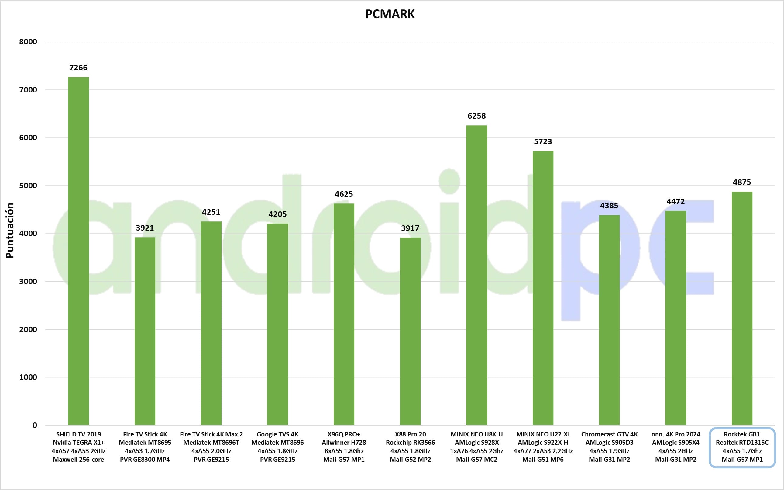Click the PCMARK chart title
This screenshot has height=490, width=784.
point(390,14)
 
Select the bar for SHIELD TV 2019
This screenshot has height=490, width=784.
point(78,251)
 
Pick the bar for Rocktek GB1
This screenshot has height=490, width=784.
point(742,308)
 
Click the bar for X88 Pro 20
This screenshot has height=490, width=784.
point(410,331)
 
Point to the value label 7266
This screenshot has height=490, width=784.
point(78,68)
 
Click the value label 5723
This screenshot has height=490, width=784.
point(543,142)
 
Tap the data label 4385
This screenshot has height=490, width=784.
point(609,206)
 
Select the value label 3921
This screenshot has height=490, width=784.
point(145,228)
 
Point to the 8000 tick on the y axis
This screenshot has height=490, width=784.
point(28,42)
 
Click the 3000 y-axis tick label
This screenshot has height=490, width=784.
point(28,281)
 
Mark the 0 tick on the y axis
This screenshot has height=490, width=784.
point(35,425)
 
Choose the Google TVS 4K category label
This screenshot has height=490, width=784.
point(277,434)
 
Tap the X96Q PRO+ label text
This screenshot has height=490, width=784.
point(344,434)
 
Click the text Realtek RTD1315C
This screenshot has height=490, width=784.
point(742,443)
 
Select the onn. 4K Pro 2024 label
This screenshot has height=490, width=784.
point(676,434)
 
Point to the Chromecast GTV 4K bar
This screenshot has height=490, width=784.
point(609,320)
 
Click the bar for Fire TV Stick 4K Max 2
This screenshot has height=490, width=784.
point(211,323)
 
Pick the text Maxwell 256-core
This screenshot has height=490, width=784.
point(78,460)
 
